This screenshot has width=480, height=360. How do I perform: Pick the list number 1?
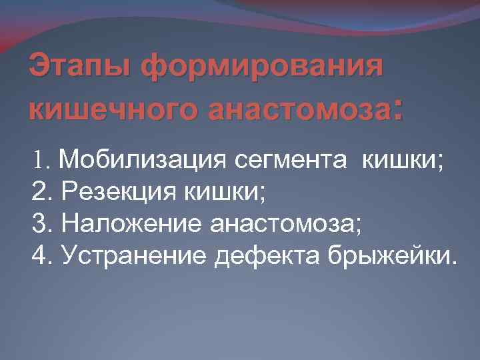37,160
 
